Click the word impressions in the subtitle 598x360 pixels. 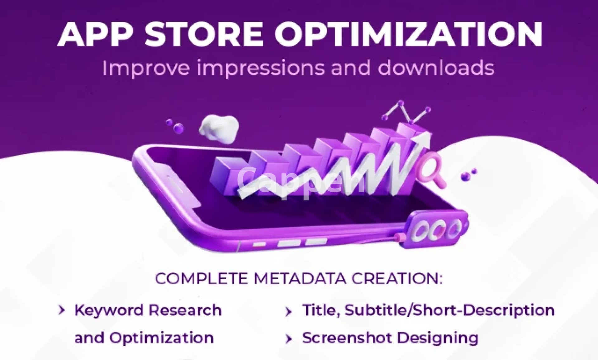(x=260, y=68)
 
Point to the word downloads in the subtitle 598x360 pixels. (x=436, y=67)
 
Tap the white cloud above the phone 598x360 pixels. (x=219, y=129)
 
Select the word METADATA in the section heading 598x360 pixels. (x=300, y=278)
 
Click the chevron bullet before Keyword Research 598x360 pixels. (x=62, y=310)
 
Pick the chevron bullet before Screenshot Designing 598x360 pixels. (x=289, y=338)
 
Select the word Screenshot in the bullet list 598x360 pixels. (x=347, y=338)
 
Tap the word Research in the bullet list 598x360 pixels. (x=185, y=310)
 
